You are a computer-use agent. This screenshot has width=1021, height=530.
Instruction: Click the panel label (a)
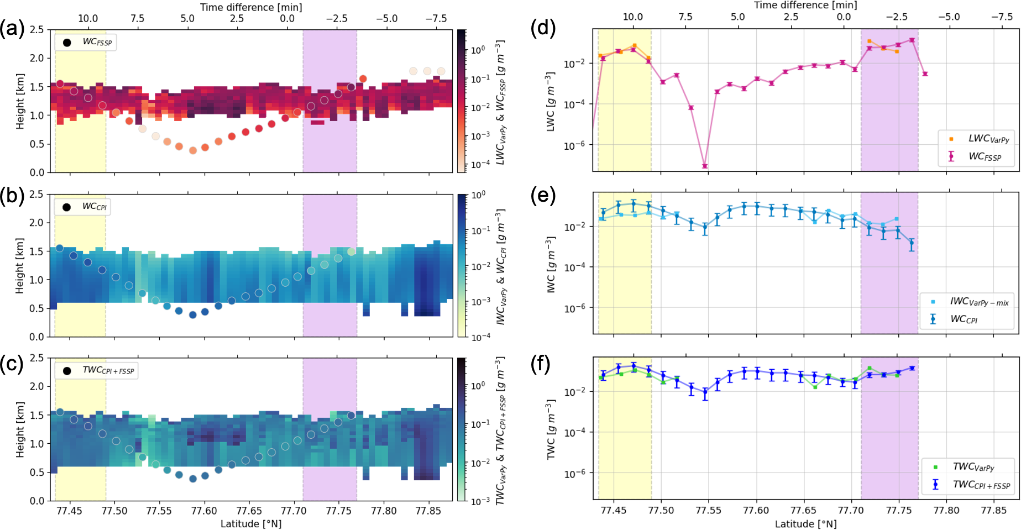coord(12,28)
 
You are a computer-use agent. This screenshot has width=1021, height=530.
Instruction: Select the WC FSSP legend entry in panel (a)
coord(86,42)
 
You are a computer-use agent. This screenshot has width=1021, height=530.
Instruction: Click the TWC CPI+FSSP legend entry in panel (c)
coord(97,370)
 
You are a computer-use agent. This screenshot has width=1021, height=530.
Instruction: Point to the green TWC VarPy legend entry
coord(965,468)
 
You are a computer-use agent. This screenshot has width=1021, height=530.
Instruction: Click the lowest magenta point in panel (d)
coord(705,166)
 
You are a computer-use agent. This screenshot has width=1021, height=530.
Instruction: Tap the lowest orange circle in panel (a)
coord(193,150)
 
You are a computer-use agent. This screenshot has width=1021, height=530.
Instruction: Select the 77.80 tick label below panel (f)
coord(946,510)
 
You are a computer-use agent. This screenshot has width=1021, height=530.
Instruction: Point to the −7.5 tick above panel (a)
coord(436,19)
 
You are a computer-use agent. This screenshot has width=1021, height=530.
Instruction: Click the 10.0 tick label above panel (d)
coord(632,17)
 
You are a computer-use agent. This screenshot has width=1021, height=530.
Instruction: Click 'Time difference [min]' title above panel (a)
coord(251,7)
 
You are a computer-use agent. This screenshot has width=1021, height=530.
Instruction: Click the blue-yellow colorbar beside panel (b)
coord(463,265)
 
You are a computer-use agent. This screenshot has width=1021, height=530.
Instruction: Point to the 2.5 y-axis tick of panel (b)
coord(36,195)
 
